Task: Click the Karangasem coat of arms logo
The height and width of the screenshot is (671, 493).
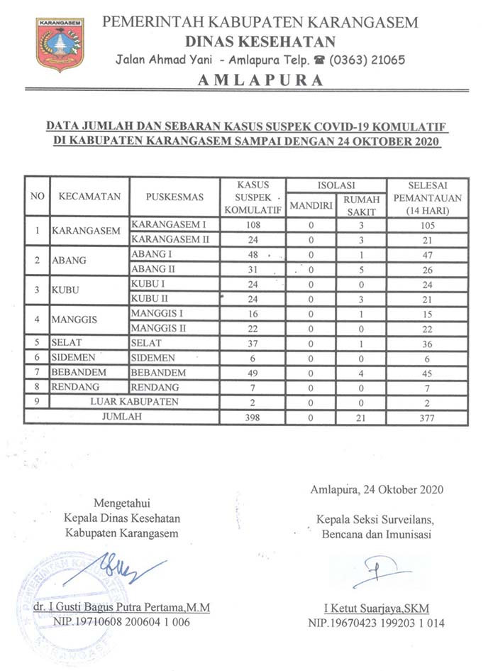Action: tap(60, 44)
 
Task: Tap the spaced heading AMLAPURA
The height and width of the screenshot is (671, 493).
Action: tap(260, 80)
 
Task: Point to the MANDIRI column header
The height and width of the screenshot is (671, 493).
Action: tap(311, 207)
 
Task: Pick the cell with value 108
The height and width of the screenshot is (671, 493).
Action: tap(244, 225)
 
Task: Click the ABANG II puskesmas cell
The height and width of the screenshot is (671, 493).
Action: tap(153, 270)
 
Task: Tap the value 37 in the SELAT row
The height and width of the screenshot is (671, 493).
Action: tap(244, 343)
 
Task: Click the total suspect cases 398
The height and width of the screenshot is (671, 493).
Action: tap(244, 418)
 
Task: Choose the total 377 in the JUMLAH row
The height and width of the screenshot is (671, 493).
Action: tap(427, 418)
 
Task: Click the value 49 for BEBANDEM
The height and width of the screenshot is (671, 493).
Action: tap(244, 373)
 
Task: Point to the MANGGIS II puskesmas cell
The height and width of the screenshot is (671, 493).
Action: tap(161, 328)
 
